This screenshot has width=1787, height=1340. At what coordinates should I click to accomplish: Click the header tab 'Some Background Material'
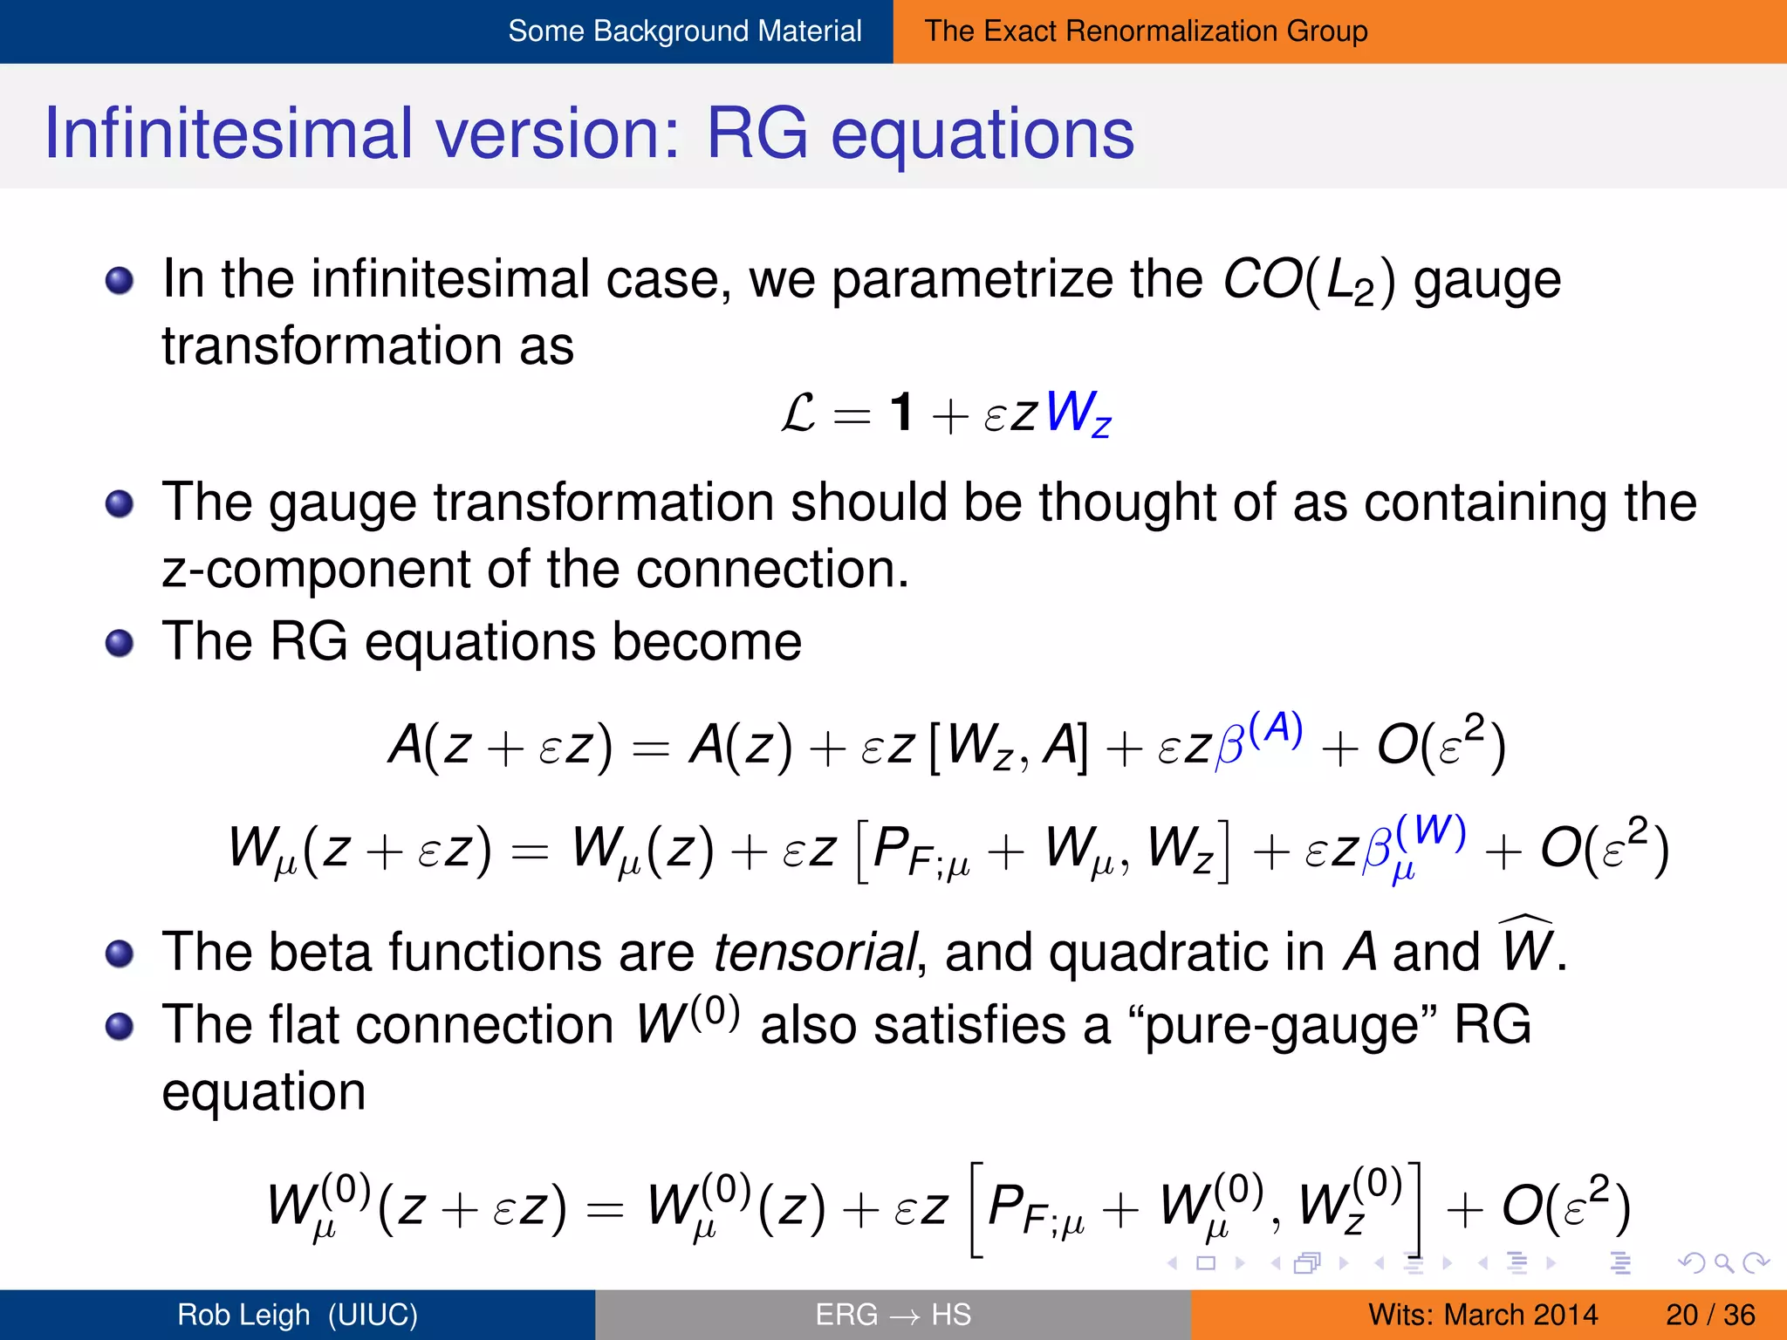(x=684, y=31)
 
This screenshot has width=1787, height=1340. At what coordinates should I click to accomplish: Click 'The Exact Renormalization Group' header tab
(x=1146, y=31)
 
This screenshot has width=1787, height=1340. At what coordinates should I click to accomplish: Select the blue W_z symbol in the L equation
(x=1078, y=413)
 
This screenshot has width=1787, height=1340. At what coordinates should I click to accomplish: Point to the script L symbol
(x=798, y=413)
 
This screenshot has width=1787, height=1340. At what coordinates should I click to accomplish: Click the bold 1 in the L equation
(x=901, y=413)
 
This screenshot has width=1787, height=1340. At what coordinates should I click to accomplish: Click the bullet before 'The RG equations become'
(x=120, y=644)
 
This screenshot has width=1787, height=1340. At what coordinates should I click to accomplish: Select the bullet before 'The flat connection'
(x=120, y=1026)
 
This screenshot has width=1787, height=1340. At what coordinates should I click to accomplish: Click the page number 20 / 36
(x=1709, y=1315)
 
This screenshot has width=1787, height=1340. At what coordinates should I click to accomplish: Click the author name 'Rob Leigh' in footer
(x=244, y=1315)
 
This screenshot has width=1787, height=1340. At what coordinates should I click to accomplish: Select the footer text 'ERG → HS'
(x=893, y=1315)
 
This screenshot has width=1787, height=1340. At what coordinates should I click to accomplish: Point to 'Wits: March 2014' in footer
(x=1482, y=1315)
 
